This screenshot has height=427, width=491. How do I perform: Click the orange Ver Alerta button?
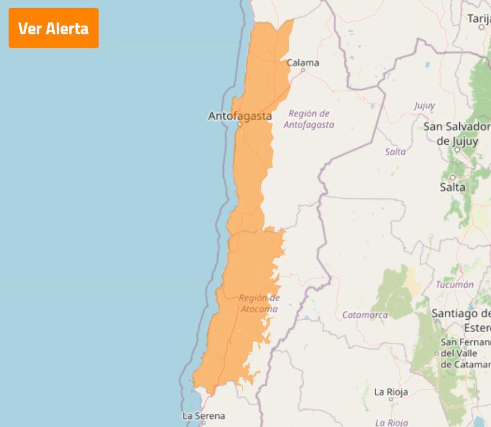[x=53, y=28]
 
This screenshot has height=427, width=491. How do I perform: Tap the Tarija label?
[x=479, y=19]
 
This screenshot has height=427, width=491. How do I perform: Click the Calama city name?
[x=303, y=62]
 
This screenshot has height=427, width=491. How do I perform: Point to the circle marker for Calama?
[x=303, y=70]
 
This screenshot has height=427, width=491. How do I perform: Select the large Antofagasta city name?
[x=240, y=116]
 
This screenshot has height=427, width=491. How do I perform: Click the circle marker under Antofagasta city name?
[x=240, y=124]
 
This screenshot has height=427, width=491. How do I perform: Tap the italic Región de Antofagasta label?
[x=309, y=119]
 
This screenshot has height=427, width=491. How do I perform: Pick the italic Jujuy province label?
[x=424, y=105]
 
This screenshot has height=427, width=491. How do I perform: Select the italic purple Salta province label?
[x=395, y=151]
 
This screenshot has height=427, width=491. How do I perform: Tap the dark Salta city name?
[x=452, y=187]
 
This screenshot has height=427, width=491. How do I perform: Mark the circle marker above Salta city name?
[x=453, y=178]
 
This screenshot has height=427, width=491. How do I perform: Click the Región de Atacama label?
[x=259, y=303]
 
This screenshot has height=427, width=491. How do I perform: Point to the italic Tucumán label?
[x=454, y=284]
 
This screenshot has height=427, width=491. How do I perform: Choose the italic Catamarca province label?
[x=365, y=315]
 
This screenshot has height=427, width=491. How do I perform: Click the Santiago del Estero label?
[x=462, y=320]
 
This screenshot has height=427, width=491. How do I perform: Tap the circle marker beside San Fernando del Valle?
[x=437, y=353]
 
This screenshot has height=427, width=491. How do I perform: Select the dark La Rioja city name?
[x=391, y=392]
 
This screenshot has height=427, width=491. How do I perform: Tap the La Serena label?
[x=203, y=416]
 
